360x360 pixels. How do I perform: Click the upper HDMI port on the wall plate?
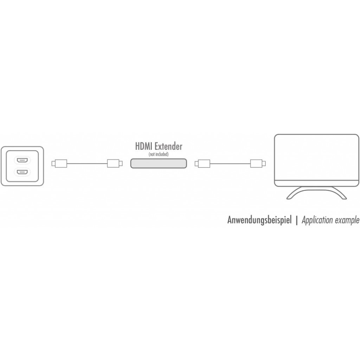pyautogui.click(x=22, y=160)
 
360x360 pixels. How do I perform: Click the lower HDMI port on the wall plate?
pyautogui.click(x=22, y=171)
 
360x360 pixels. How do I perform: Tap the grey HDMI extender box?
pyautogui.click(x=159, y=163)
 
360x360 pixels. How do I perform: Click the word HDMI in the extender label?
pyautogui.click(x=143, y=147)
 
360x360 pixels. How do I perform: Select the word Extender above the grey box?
pyautogui.click(x=168, y=147)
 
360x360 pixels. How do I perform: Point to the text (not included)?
pyautogui.click(x=159, y=154)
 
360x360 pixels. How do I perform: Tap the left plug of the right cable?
pyautogui.click(x=202, y=163)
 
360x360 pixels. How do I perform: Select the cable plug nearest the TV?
pyautogui.click(x=258, y=163)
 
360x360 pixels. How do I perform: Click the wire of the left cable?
pyautogui.click(x=87, y=164)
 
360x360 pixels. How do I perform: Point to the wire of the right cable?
pyautogui.click(x=230, y=164)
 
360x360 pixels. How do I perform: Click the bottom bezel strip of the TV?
pyautogui.click(x=317, y=183)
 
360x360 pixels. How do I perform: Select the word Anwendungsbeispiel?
pyautogui.click(x=259, y=220)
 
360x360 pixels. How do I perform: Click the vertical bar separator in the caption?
pyautogui.click(x=297, y=220)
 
